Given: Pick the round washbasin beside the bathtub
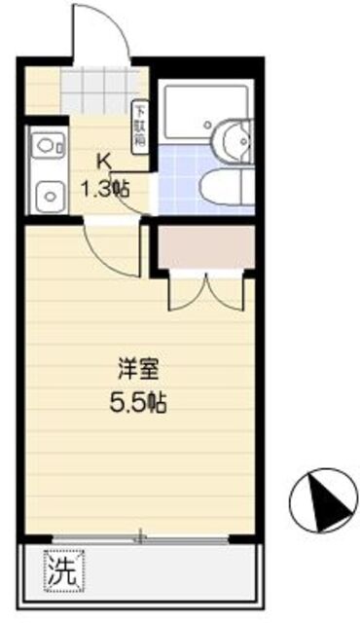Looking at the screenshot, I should [233, 137].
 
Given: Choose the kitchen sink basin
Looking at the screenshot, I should [44, 195].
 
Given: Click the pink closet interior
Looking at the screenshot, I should [203, 248].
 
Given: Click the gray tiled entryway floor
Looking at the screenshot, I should [96, 91].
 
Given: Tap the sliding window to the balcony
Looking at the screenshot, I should [141, 535].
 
